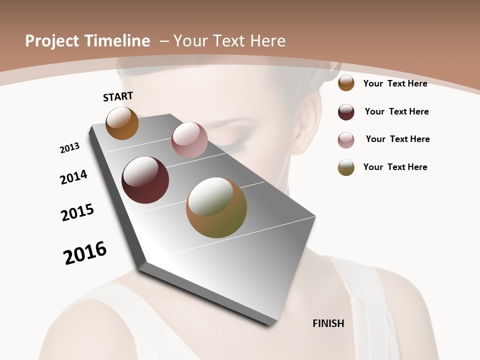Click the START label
pos(118,96)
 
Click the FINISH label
pos(328,323)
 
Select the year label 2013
pos(69,148)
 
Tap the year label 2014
pos(73,177)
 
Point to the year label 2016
pos(85,252)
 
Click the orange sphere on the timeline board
pos(122,123)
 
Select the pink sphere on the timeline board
pos(189,140)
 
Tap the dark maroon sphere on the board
pos(145,180)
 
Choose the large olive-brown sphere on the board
pos(216,207)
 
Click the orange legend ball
pos(346,83)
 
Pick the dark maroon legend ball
pos(346,112)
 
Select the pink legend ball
pos(346,140)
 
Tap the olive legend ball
pos(346,167)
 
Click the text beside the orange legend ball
pos(395,83)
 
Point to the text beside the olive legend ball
pos(395,167)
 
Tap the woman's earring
pos(297,149)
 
